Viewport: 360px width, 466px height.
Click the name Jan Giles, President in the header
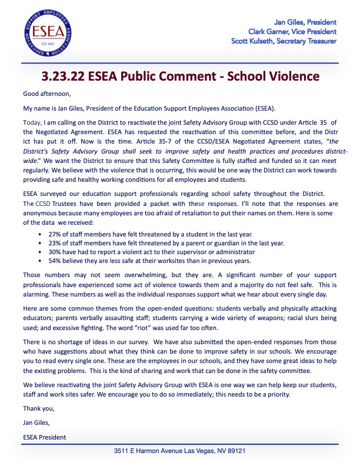coord(305,22)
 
